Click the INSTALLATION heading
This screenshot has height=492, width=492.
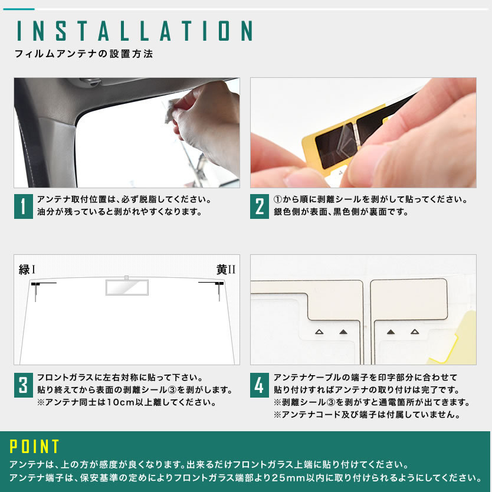135,31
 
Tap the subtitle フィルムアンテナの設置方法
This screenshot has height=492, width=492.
84,54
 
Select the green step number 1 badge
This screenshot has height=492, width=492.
23,206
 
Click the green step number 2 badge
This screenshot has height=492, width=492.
260,206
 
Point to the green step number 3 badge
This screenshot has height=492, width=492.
23,385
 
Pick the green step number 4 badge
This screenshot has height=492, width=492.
260,385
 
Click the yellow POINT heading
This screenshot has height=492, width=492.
34,446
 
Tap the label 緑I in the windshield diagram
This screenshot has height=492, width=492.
27,270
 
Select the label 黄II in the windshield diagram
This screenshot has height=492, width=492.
225,270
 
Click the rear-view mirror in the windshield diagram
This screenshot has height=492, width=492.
127,287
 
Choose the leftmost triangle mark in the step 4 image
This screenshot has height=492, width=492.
319,332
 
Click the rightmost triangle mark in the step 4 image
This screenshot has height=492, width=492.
415,332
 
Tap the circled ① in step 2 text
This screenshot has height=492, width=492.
278,199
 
